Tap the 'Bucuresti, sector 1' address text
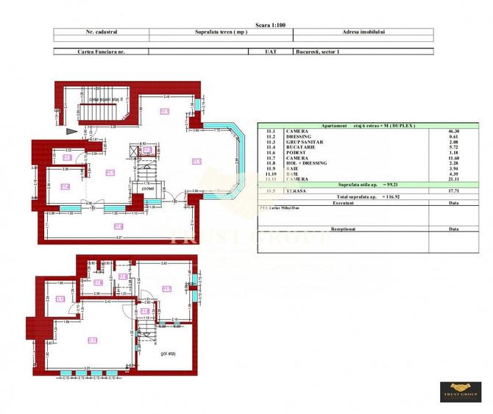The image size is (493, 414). pos(317,51)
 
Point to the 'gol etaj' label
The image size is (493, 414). pos(170,353)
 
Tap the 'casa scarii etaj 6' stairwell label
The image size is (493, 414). pos(106,99)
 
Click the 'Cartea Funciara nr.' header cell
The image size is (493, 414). pos(101,51)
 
